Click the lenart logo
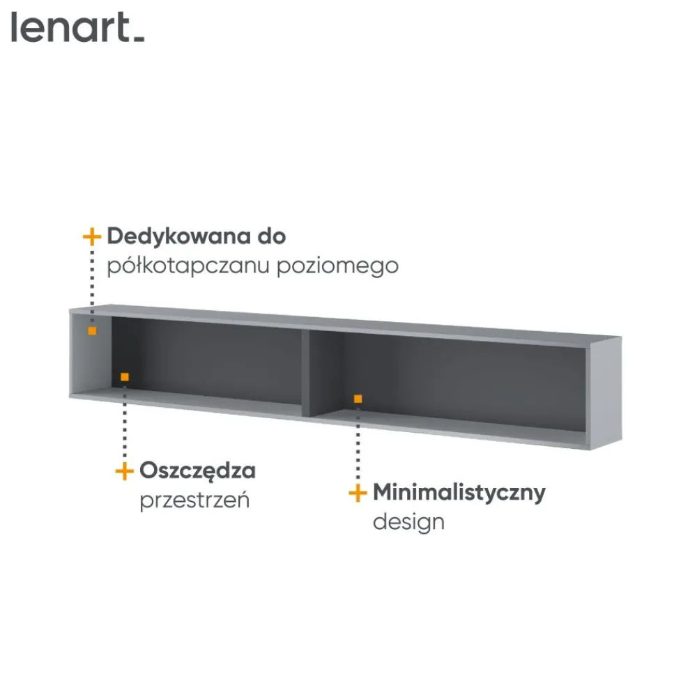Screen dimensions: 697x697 tap(78, 28)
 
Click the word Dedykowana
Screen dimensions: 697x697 tap(180, 236)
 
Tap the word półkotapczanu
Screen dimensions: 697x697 tap(188, 266)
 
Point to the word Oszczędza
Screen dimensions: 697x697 tap(198, 471)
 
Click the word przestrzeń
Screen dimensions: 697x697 tap(194, 500)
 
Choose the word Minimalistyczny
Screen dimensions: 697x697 tap(459, 493)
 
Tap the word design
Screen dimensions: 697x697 tap(408, 521)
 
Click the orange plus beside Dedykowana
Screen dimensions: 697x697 tap(92, 237)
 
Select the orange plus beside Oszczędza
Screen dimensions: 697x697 tap(125, 471)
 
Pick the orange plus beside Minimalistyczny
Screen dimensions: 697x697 tap(358, 493)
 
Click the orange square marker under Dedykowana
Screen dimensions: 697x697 tap(92, 330)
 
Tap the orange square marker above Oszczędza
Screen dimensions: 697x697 tap(125, 377)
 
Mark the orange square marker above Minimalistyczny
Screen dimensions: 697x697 tap(358, 399)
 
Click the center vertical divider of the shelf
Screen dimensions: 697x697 tap(306, 373)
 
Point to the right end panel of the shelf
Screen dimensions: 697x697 tap(604, 393)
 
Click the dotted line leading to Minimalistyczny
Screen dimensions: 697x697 tap(358, 443)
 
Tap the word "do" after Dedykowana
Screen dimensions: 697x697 tap(272, 236)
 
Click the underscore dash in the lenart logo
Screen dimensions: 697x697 tap(139, 40)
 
